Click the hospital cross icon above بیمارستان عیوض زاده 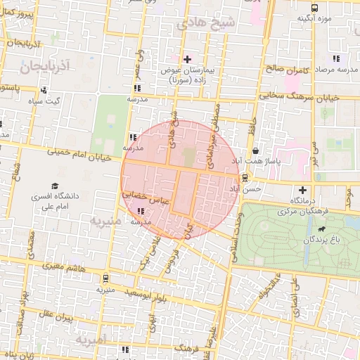pos(186,58)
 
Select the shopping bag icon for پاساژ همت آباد pos(255,149)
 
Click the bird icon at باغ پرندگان pos(321,229)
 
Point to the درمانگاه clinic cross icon pos(303,190)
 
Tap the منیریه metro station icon pos(105,278)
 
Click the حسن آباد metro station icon pos(246,178)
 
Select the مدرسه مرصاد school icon pos(337,58)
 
